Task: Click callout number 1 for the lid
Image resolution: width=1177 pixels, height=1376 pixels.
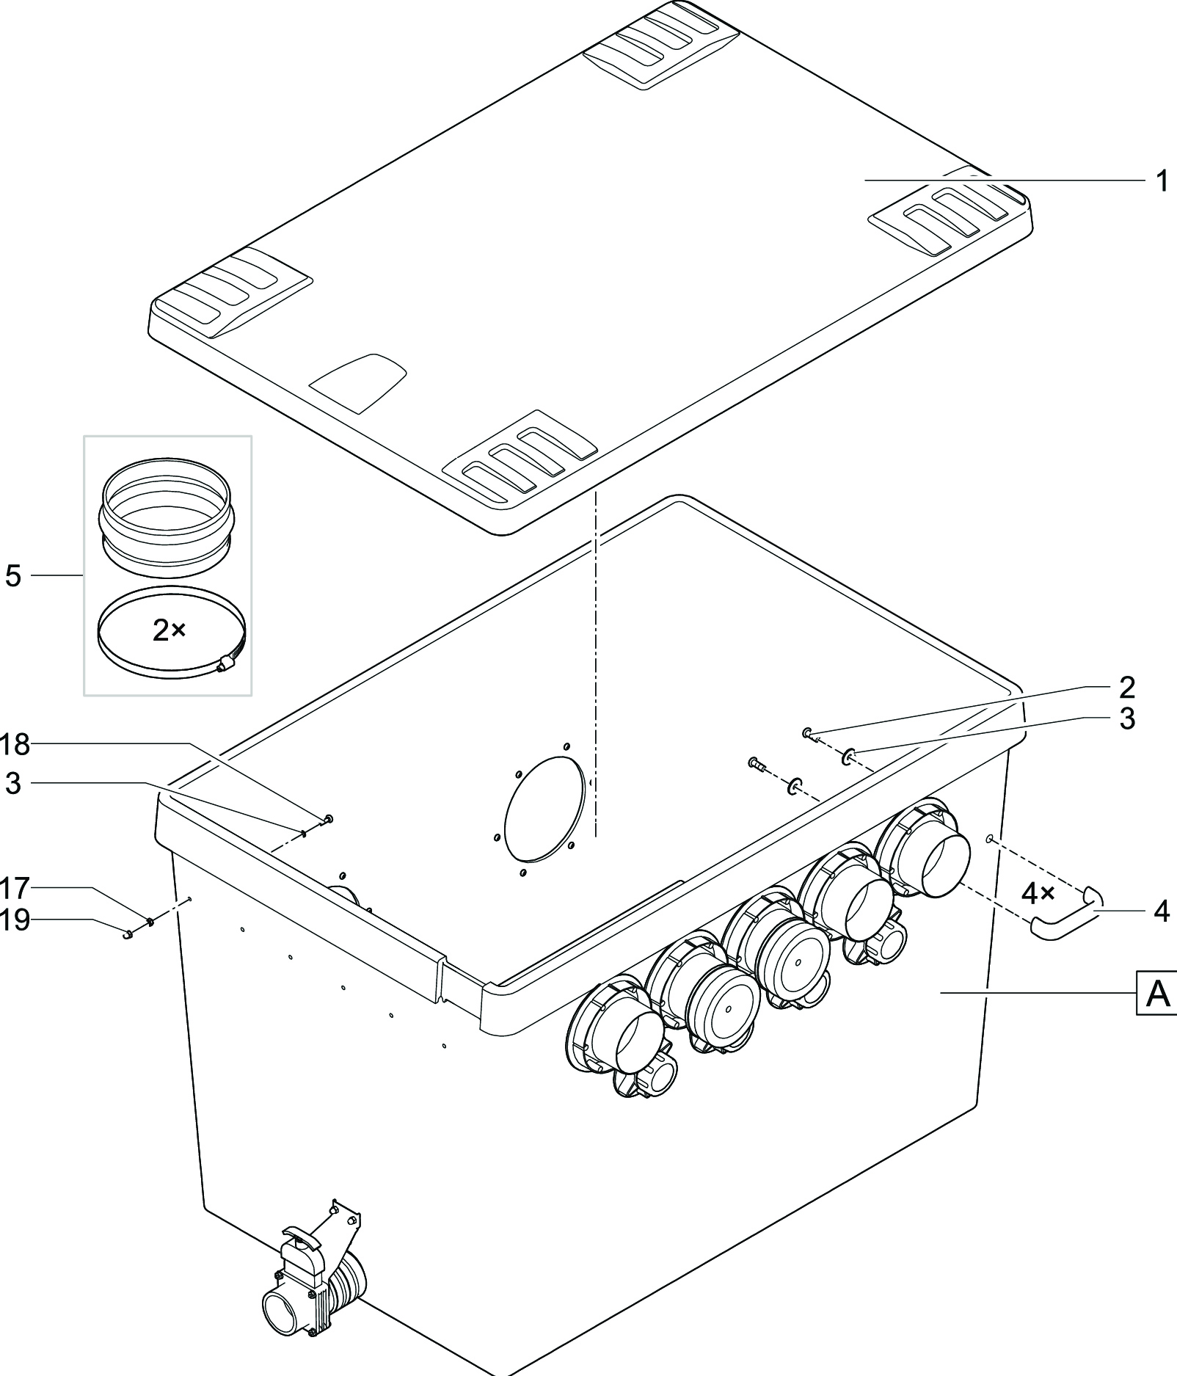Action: (1161, 181)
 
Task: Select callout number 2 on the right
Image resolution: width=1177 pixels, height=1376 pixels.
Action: (1127, 687)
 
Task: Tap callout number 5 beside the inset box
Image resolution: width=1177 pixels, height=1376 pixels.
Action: (13, 576)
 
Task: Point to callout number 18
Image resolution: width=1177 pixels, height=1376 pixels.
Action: (15, 745)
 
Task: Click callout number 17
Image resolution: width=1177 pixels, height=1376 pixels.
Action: (15, 889)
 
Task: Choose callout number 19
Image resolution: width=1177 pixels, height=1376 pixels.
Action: (15, 920)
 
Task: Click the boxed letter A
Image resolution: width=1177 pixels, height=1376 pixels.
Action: (1157, 994)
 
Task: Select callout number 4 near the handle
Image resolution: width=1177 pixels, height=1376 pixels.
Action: (1161, 911)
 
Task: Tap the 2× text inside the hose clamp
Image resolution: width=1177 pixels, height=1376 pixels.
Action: (169, 630)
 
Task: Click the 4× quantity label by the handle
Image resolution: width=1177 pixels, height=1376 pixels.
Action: (1038, 894)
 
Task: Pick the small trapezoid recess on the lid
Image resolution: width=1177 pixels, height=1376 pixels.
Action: (358, 382)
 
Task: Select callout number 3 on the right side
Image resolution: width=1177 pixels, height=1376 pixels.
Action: (1127, 718)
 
